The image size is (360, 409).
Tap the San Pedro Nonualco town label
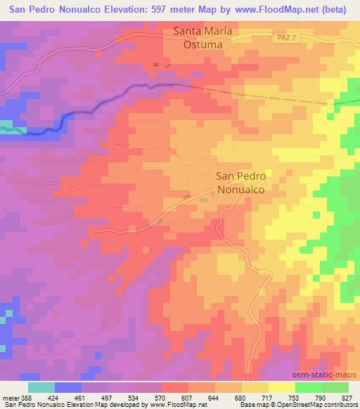[240, 183]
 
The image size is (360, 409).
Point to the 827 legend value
[348, 397]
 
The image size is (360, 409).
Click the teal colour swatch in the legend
[41, 387]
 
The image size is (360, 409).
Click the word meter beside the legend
[9, 397]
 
